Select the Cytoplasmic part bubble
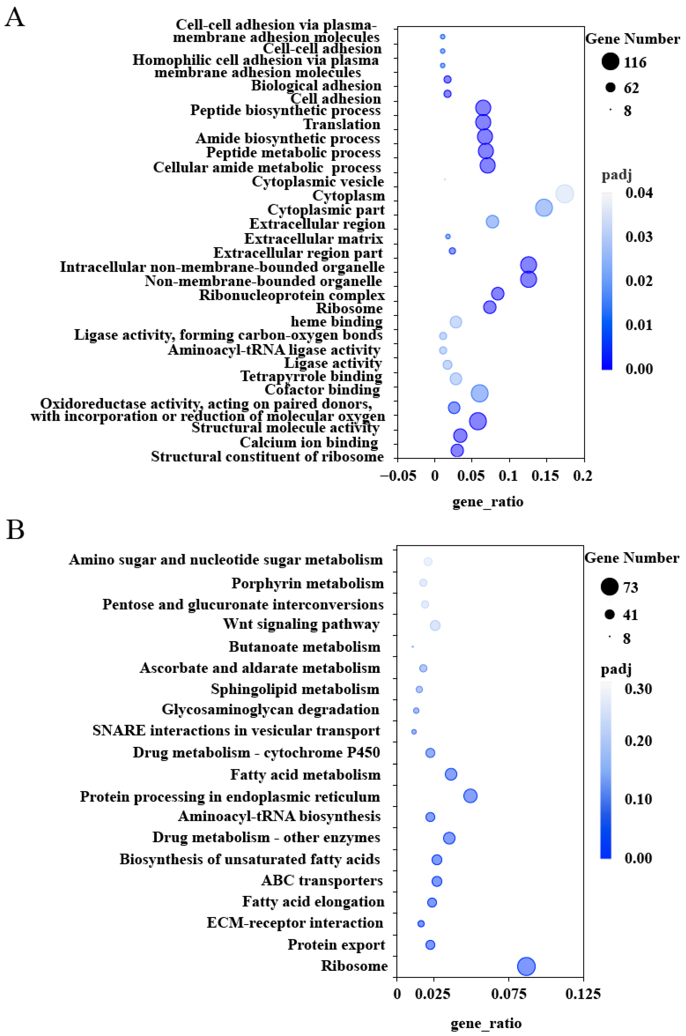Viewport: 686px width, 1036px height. click(543, 208)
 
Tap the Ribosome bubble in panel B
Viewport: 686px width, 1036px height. click(526, 966)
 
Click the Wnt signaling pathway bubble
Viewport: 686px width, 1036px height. click(435, 625)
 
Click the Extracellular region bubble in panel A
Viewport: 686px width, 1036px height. click(492, 222)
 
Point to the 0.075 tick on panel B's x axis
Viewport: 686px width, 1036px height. click(508, 994)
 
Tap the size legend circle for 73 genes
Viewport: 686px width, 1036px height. click(609, 587)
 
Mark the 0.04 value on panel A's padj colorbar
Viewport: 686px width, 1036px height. click(639, 193)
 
